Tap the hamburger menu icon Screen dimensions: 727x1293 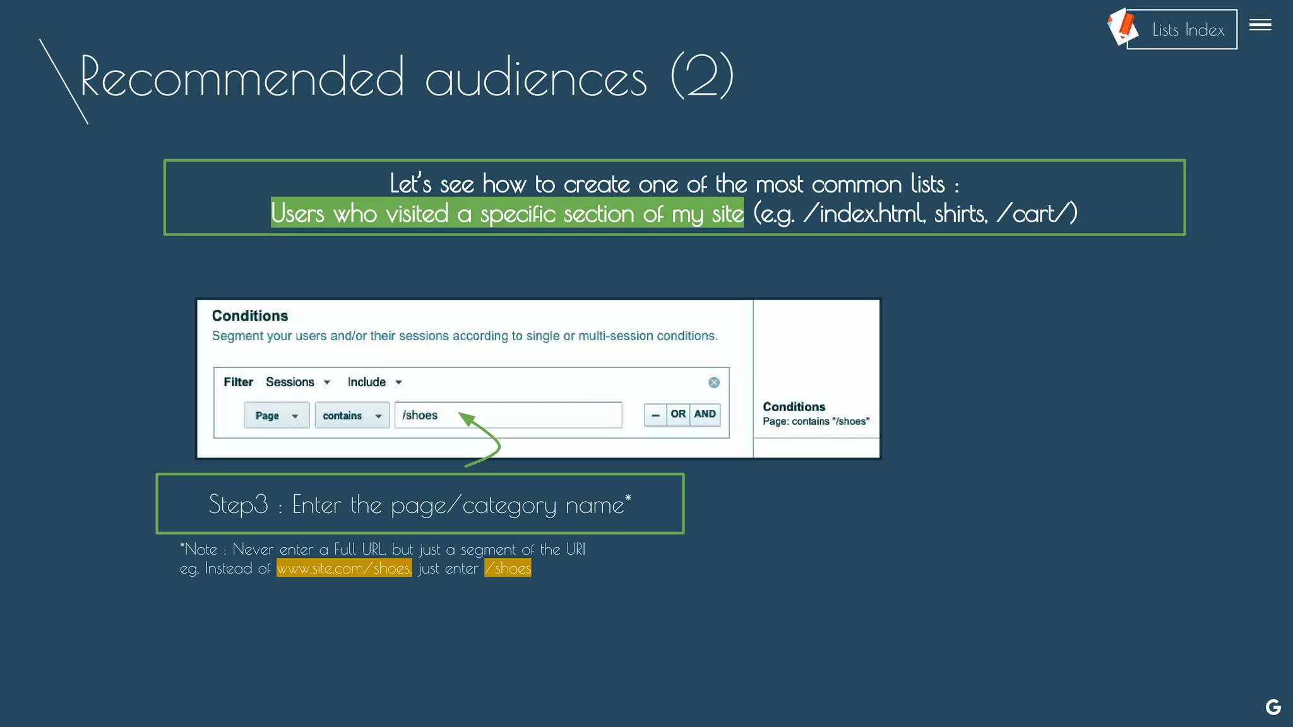tap(1260, 25)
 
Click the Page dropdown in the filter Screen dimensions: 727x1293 tap(277, 415)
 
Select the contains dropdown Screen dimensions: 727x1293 tap(352, 415)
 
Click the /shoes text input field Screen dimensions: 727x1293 tap(508, 415)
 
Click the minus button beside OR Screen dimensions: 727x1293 tap(655, 415)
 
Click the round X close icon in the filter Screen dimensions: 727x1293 tap(714, 382)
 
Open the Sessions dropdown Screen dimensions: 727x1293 tap(298, 382)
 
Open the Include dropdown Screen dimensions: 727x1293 tap(374, 382)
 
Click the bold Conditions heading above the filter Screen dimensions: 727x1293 tap(250, 316)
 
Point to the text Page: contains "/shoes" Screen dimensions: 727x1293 tap(816, 422)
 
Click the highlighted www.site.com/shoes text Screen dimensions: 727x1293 tap(344, 568)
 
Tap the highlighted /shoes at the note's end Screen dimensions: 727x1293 tap(508, 568)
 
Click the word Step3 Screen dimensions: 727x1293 tap(238, 504)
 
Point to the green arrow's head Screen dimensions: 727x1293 tap(465, 418)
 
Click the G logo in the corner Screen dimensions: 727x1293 tap(1273, 707)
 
